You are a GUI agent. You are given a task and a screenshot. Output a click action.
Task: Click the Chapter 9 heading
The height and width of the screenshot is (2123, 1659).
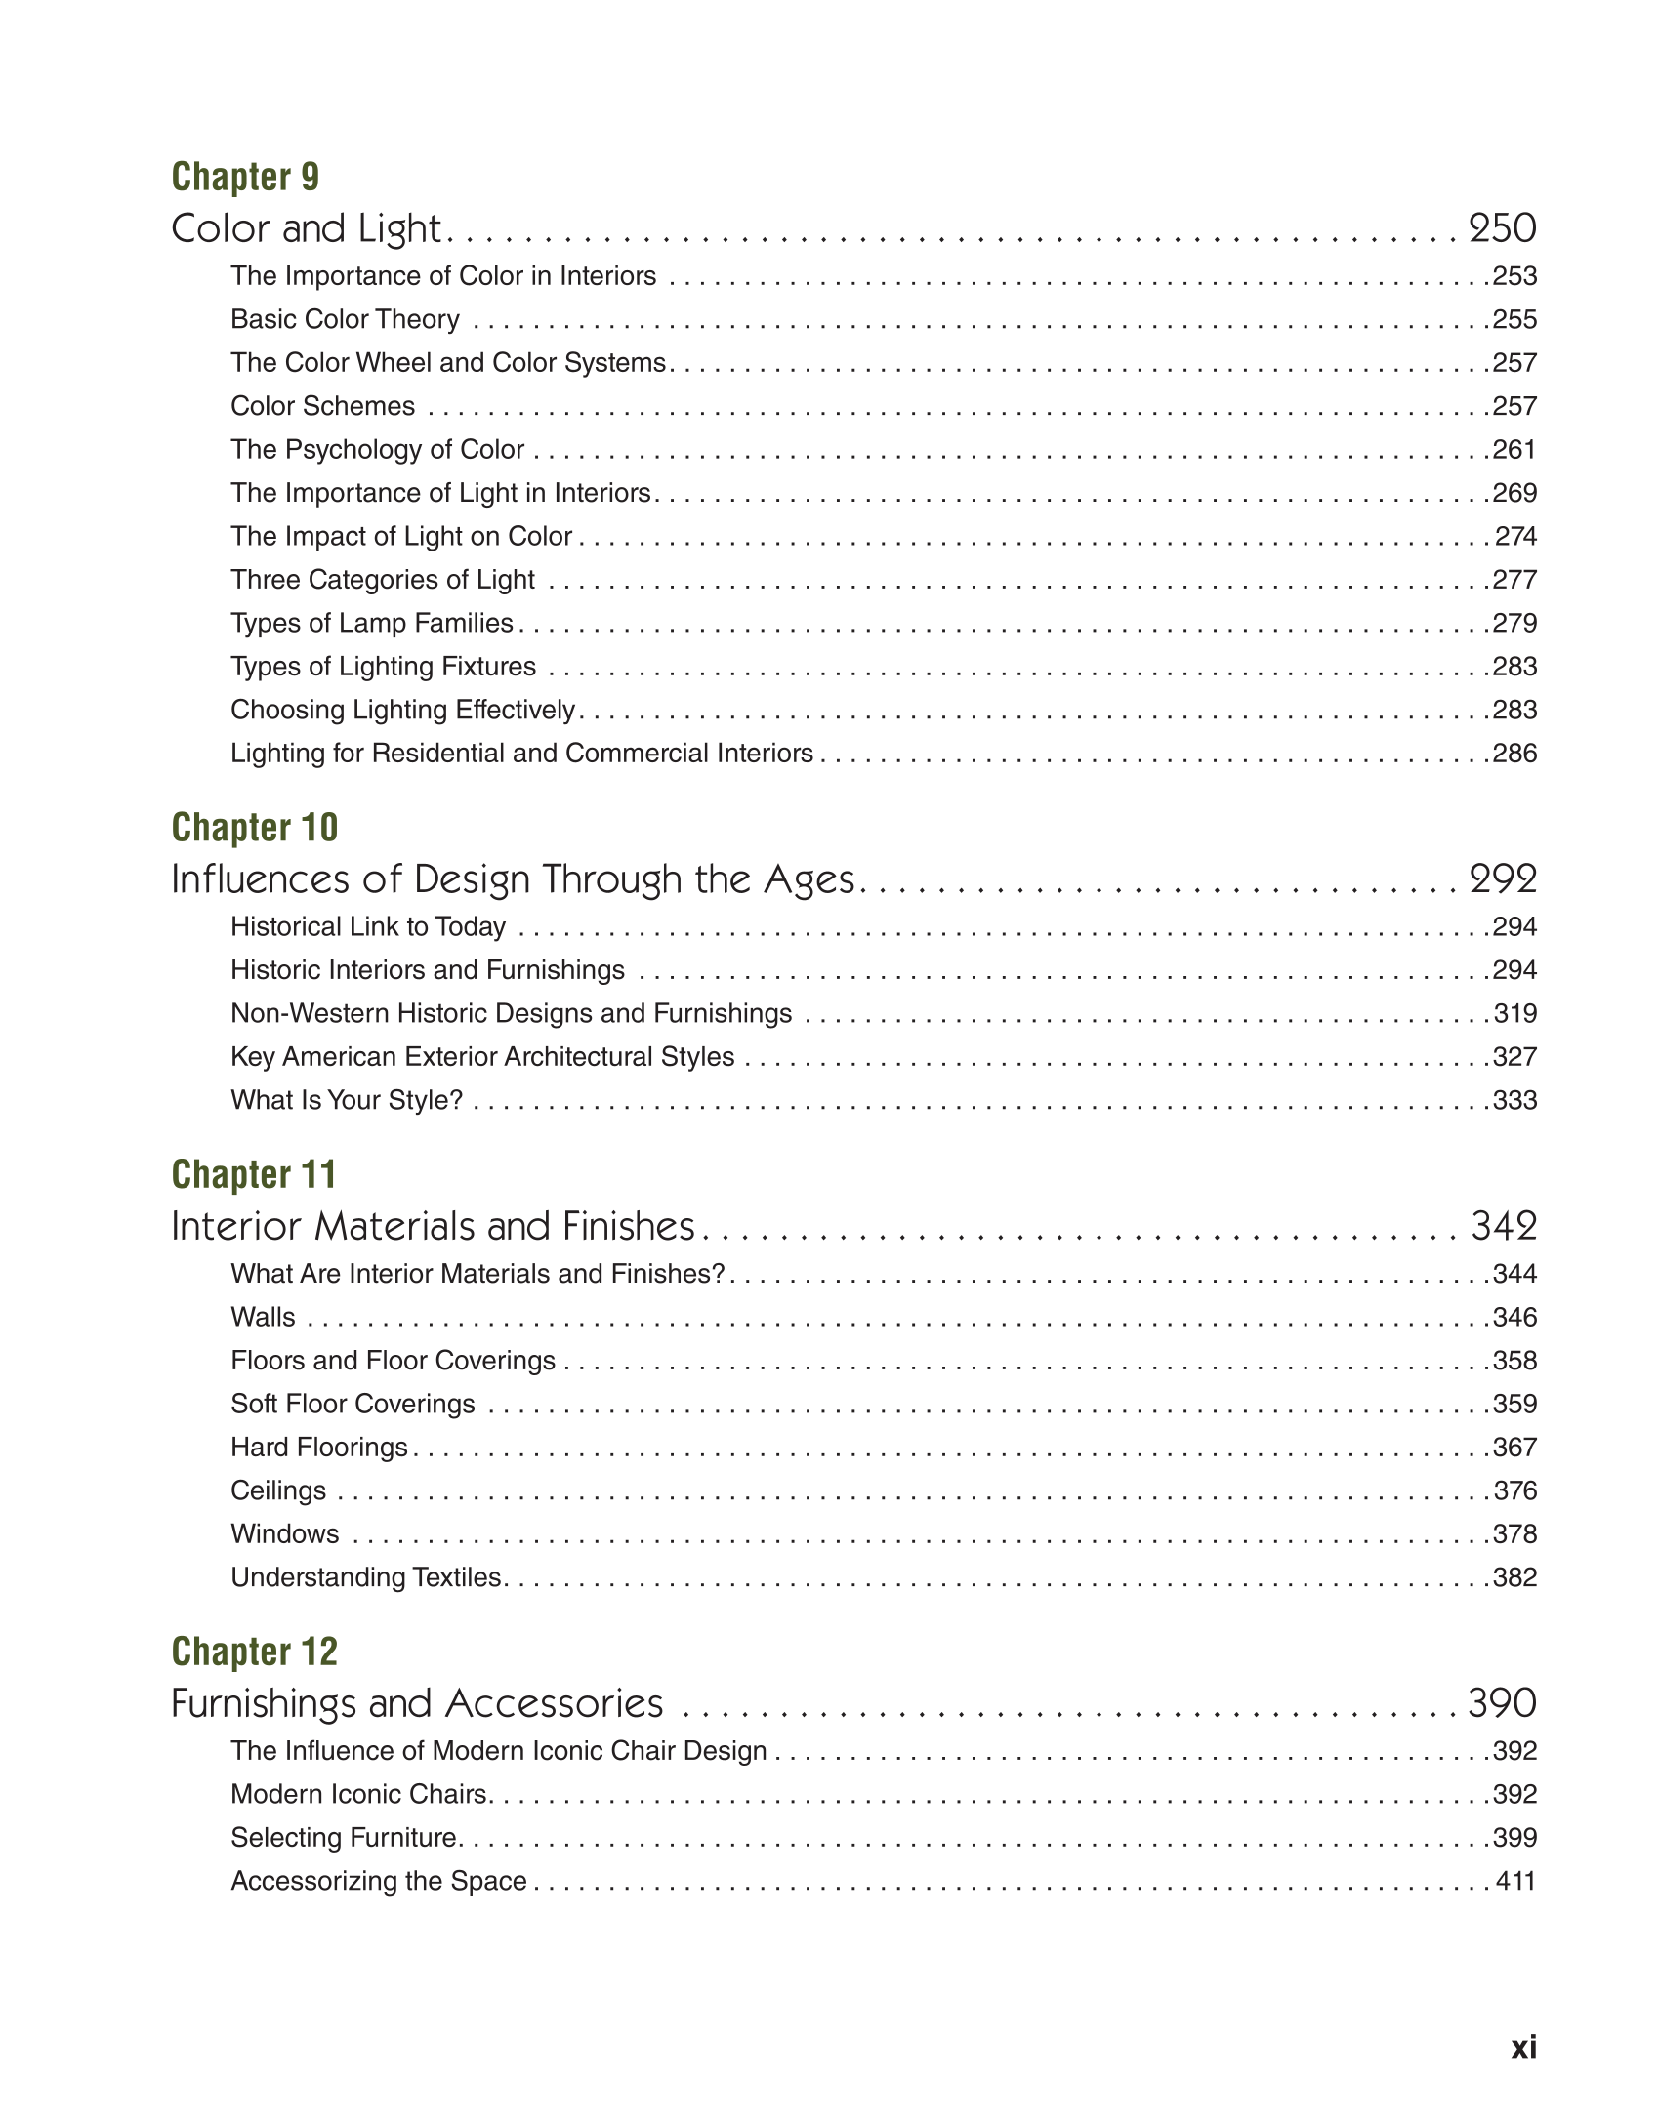[x=245, y=178]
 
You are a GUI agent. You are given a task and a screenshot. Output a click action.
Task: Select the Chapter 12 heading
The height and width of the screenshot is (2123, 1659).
[x=254, y=1652]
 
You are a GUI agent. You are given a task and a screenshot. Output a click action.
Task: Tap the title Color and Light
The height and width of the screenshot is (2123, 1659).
[x=307, y=229]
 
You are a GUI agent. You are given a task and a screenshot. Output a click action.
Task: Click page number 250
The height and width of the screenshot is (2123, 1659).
[x=1502, y=229]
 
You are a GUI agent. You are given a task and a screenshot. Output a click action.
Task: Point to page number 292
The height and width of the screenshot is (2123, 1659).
[x=1502, y=879]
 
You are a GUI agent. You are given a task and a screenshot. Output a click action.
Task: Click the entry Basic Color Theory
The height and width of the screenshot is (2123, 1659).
[x=345, y=320]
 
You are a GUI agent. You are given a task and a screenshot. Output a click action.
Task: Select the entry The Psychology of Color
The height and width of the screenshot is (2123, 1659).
[x=377, y=450]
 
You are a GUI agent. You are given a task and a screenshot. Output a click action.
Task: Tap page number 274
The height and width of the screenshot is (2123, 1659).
[x=1515, y=537]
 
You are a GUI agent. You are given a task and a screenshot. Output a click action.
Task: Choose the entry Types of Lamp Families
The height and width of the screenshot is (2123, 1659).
[x=372, y=624]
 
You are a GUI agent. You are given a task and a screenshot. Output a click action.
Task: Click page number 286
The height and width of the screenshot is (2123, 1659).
[x=1514, y=754]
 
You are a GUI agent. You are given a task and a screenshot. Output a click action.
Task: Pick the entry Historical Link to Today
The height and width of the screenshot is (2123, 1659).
[x=368, y=927]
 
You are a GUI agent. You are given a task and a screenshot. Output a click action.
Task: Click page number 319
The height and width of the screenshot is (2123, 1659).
[x=1515, y=1014]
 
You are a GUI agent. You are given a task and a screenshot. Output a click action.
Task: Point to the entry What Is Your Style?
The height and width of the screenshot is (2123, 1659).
[x=347, y=1101]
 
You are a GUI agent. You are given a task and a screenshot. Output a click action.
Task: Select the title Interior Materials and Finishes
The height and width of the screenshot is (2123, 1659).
[x=433, y=1227]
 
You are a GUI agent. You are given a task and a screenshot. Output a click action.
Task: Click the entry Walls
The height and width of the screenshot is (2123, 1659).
[x=263, y=1318]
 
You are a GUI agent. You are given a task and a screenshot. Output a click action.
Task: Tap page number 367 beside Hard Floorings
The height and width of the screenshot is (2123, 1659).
[x=1514, y=1448]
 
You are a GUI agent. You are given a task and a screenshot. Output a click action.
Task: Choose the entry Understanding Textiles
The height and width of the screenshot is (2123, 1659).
[x=366, y=1577]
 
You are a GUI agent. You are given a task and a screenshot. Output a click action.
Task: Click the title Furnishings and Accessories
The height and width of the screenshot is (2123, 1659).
[x=417, y=1704]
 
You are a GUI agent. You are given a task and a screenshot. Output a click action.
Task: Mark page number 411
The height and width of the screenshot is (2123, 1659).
[x=1515, y=1881]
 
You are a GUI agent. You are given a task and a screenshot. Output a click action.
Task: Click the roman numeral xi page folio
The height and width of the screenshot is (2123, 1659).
[x=1523, y=2047]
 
